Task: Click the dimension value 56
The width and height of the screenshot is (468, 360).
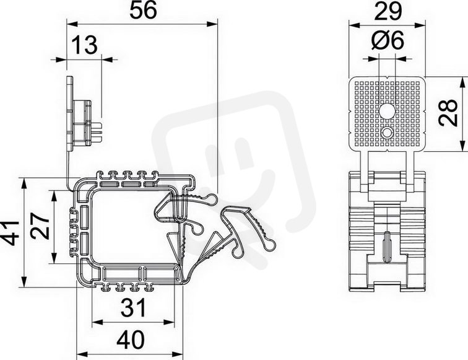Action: (x=143, y=11)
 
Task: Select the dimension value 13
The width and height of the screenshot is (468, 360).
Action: (x=84, y=45)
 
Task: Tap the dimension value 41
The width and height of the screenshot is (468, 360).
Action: (x=9, y=233)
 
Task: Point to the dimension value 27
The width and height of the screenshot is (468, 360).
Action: (x=41, y=226)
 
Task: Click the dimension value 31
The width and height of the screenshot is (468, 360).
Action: (x=134, y=308)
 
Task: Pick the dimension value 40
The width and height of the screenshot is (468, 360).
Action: (x=131, y=340)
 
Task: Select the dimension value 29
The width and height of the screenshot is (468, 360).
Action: (x=388, y=11)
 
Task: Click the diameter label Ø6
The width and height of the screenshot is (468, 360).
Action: (x=388, y=40)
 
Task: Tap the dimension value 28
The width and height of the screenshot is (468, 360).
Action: (x=448, y=112)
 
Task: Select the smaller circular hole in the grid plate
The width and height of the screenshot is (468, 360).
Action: (x=387, y=133)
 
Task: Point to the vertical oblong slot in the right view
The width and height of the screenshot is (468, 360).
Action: (x=386, y=247)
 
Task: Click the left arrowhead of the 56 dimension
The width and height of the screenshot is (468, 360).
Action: (x=72, y=24)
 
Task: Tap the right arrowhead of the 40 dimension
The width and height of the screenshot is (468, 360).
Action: (x=176, y=354)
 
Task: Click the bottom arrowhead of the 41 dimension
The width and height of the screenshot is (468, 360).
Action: (x=25, y=281)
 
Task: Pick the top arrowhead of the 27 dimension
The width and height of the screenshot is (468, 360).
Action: (x=54, y=196)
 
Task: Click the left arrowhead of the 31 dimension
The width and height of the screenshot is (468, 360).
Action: (x=98, y=322)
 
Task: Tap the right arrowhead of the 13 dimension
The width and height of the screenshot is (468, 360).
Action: (x=107, y=59)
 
